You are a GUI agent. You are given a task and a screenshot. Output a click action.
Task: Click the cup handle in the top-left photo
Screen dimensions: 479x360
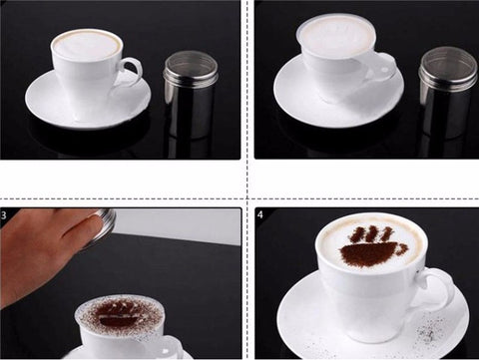tap(137, 68)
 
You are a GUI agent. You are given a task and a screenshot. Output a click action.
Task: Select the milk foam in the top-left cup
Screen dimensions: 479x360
tap(87, 45)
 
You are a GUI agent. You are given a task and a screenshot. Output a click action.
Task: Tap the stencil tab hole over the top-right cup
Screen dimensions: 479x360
tap(385, 71)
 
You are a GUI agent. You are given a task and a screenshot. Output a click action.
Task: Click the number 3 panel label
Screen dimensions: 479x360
tap(3, 215)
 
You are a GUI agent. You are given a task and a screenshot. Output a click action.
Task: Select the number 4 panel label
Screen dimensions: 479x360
tap(260, 214)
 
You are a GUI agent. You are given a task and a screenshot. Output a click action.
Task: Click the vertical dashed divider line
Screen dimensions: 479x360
tap(247, 180)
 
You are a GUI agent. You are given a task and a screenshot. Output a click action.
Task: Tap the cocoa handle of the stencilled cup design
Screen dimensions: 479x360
tap(402, 248)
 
